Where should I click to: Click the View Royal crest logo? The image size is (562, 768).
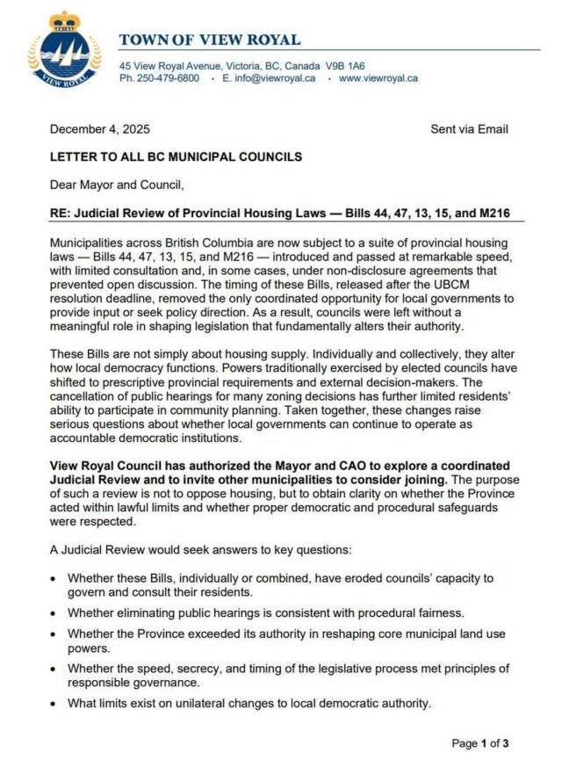(x=64, y=50)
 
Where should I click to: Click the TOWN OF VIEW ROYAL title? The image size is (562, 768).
(x=210, y=40)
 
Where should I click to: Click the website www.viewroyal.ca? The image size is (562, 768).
(x=378, y=78)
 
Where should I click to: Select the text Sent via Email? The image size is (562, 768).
(x=469, y=129)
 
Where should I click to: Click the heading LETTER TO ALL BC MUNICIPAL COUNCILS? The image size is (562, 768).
(x=177, y=157)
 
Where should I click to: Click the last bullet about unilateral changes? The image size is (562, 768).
(x=249, y=703)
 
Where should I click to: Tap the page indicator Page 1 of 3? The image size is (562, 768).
(x=479, y=743)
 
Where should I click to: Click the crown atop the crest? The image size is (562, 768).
(x=64, y=20)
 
